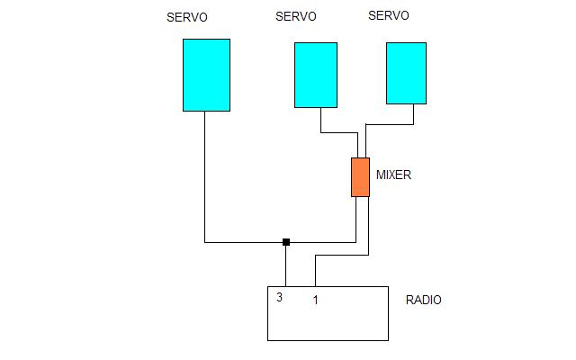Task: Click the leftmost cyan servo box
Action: coord(206,75)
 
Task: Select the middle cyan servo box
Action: coord(316,75)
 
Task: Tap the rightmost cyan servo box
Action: coord(406,73)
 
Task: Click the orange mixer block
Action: coord(360,176)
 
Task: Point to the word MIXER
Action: coord(393,175)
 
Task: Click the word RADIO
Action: coord(424,301)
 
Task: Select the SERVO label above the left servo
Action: coord(187,17)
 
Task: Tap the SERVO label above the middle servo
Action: coord(296,16)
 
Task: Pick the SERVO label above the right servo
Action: coord(389,15)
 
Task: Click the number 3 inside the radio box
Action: coord(280,297)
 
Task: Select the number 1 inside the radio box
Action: coord(315,300)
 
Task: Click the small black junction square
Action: coord(286,241)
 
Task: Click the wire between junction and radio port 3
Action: coord(286,265)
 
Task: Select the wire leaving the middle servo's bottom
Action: coord(321,121)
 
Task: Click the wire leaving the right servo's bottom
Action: coord(413,114)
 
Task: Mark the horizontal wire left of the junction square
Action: coord(243,241)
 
